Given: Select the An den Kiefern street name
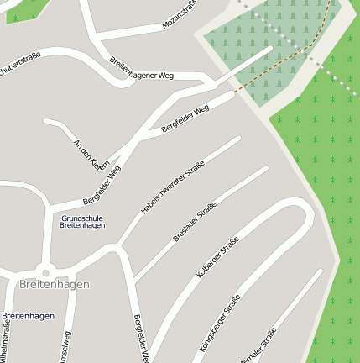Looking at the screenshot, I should [91, 154].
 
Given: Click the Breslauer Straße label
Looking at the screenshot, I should [195, 222].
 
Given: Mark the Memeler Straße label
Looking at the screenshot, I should [258, 346].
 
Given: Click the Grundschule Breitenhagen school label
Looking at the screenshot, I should [82, 222].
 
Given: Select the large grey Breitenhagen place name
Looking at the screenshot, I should [54, 284].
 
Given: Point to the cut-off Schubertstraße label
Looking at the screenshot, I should [20, 68].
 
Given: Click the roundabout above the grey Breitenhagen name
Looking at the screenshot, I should [45, 270].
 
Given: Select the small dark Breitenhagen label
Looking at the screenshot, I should [28, 316].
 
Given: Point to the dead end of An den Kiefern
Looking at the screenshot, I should [45, 121].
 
